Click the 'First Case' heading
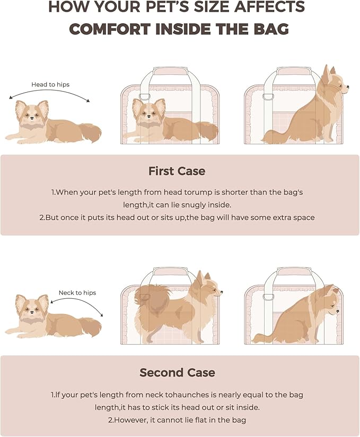click(x=177, y=171)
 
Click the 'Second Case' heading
click(x=177, y=372)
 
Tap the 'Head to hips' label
click(x=50, y=84)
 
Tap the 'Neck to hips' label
click(x=77, y=292)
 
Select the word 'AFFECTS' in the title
click(x=268, y=7)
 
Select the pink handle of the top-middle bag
click(x=169, y=70)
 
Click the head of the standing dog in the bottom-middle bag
click(x=206, y=287)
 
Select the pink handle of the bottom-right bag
click(x=292, y=271)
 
